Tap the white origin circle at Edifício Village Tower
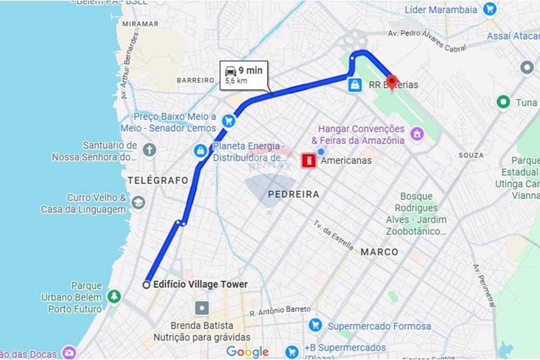tap(146, 285)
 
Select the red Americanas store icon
tap(309, 161)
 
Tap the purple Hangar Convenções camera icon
tap(416, 133)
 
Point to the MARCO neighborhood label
tap(379, 252)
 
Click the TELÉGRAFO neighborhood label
tap(158, 180)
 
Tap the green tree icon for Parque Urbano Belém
tap(114, 296)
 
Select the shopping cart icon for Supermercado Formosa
tap(315, 325)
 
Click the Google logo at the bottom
tap(247, 352)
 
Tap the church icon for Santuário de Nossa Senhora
tap(150, 150)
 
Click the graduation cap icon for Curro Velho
tap(138, 203)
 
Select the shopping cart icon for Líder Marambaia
tap(490, 9)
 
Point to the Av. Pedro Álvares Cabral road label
tap(427, 41)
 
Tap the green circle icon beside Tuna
tap(503, 102)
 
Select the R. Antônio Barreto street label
tap(280, 311)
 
